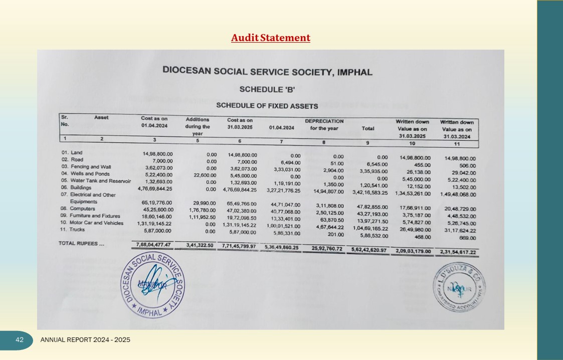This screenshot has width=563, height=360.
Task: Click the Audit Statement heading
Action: click(271, 38)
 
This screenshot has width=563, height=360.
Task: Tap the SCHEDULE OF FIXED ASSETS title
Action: click(267, 106)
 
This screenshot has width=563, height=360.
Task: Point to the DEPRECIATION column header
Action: click(324, 121)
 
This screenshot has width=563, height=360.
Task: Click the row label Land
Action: click(77, 152)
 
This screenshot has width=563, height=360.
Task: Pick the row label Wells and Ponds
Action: click(90, 173)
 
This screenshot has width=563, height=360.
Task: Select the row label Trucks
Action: click(77, 230)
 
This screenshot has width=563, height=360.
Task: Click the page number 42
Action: click(20, 340)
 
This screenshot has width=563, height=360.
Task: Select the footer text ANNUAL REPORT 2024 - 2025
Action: click(85, 340)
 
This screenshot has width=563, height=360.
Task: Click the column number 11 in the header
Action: click(457, 144)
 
